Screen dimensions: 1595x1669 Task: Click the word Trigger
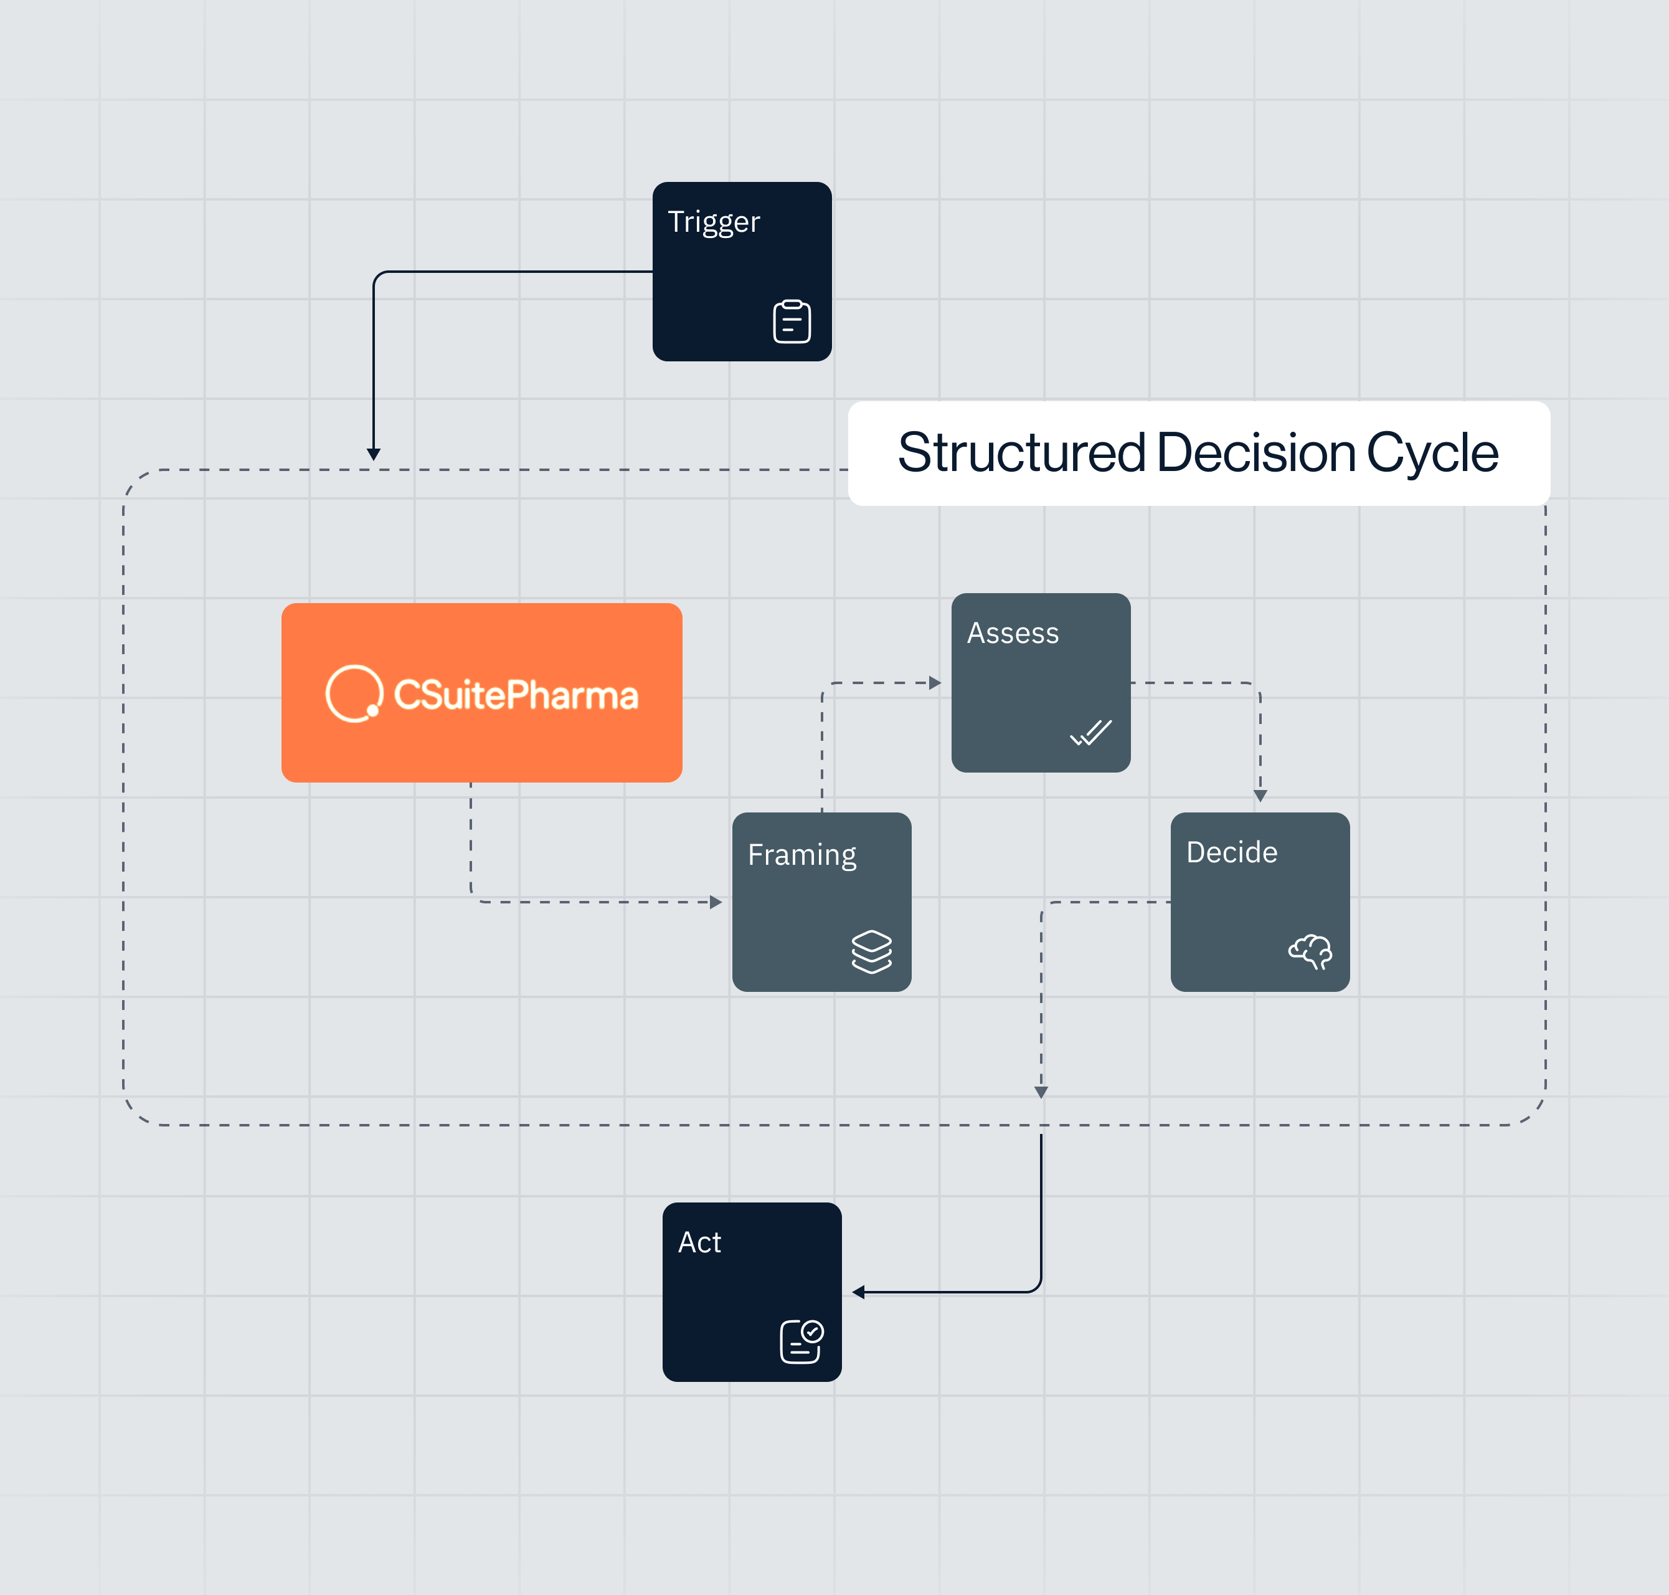pos(714,222)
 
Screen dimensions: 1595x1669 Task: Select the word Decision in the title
pos(1256,452)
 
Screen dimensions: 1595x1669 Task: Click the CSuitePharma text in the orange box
pos(516,695)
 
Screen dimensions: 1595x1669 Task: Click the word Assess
pos(1013,634)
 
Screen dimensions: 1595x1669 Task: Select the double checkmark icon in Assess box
pos(1091,732)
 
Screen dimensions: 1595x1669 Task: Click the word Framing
pos(801,854)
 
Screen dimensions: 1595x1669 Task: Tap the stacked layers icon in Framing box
pos(871,951)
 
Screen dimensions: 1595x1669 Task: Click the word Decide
pos(1231,852)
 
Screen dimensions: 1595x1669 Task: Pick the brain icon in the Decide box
pos(1310,951)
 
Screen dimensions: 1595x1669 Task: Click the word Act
pos(699,1242)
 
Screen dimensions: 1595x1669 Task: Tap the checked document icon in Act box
pos(800,1341)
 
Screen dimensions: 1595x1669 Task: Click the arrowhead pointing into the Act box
pos(858,1292)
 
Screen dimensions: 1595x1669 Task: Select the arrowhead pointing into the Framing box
pos(716,902)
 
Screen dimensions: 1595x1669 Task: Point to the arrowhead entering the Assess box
pos(935,683)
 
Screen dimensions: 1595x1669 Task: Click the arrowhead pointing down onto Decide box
pos(1260,796)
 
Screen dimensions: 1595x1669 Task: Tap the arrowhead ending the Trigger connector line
pos(373,454)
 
